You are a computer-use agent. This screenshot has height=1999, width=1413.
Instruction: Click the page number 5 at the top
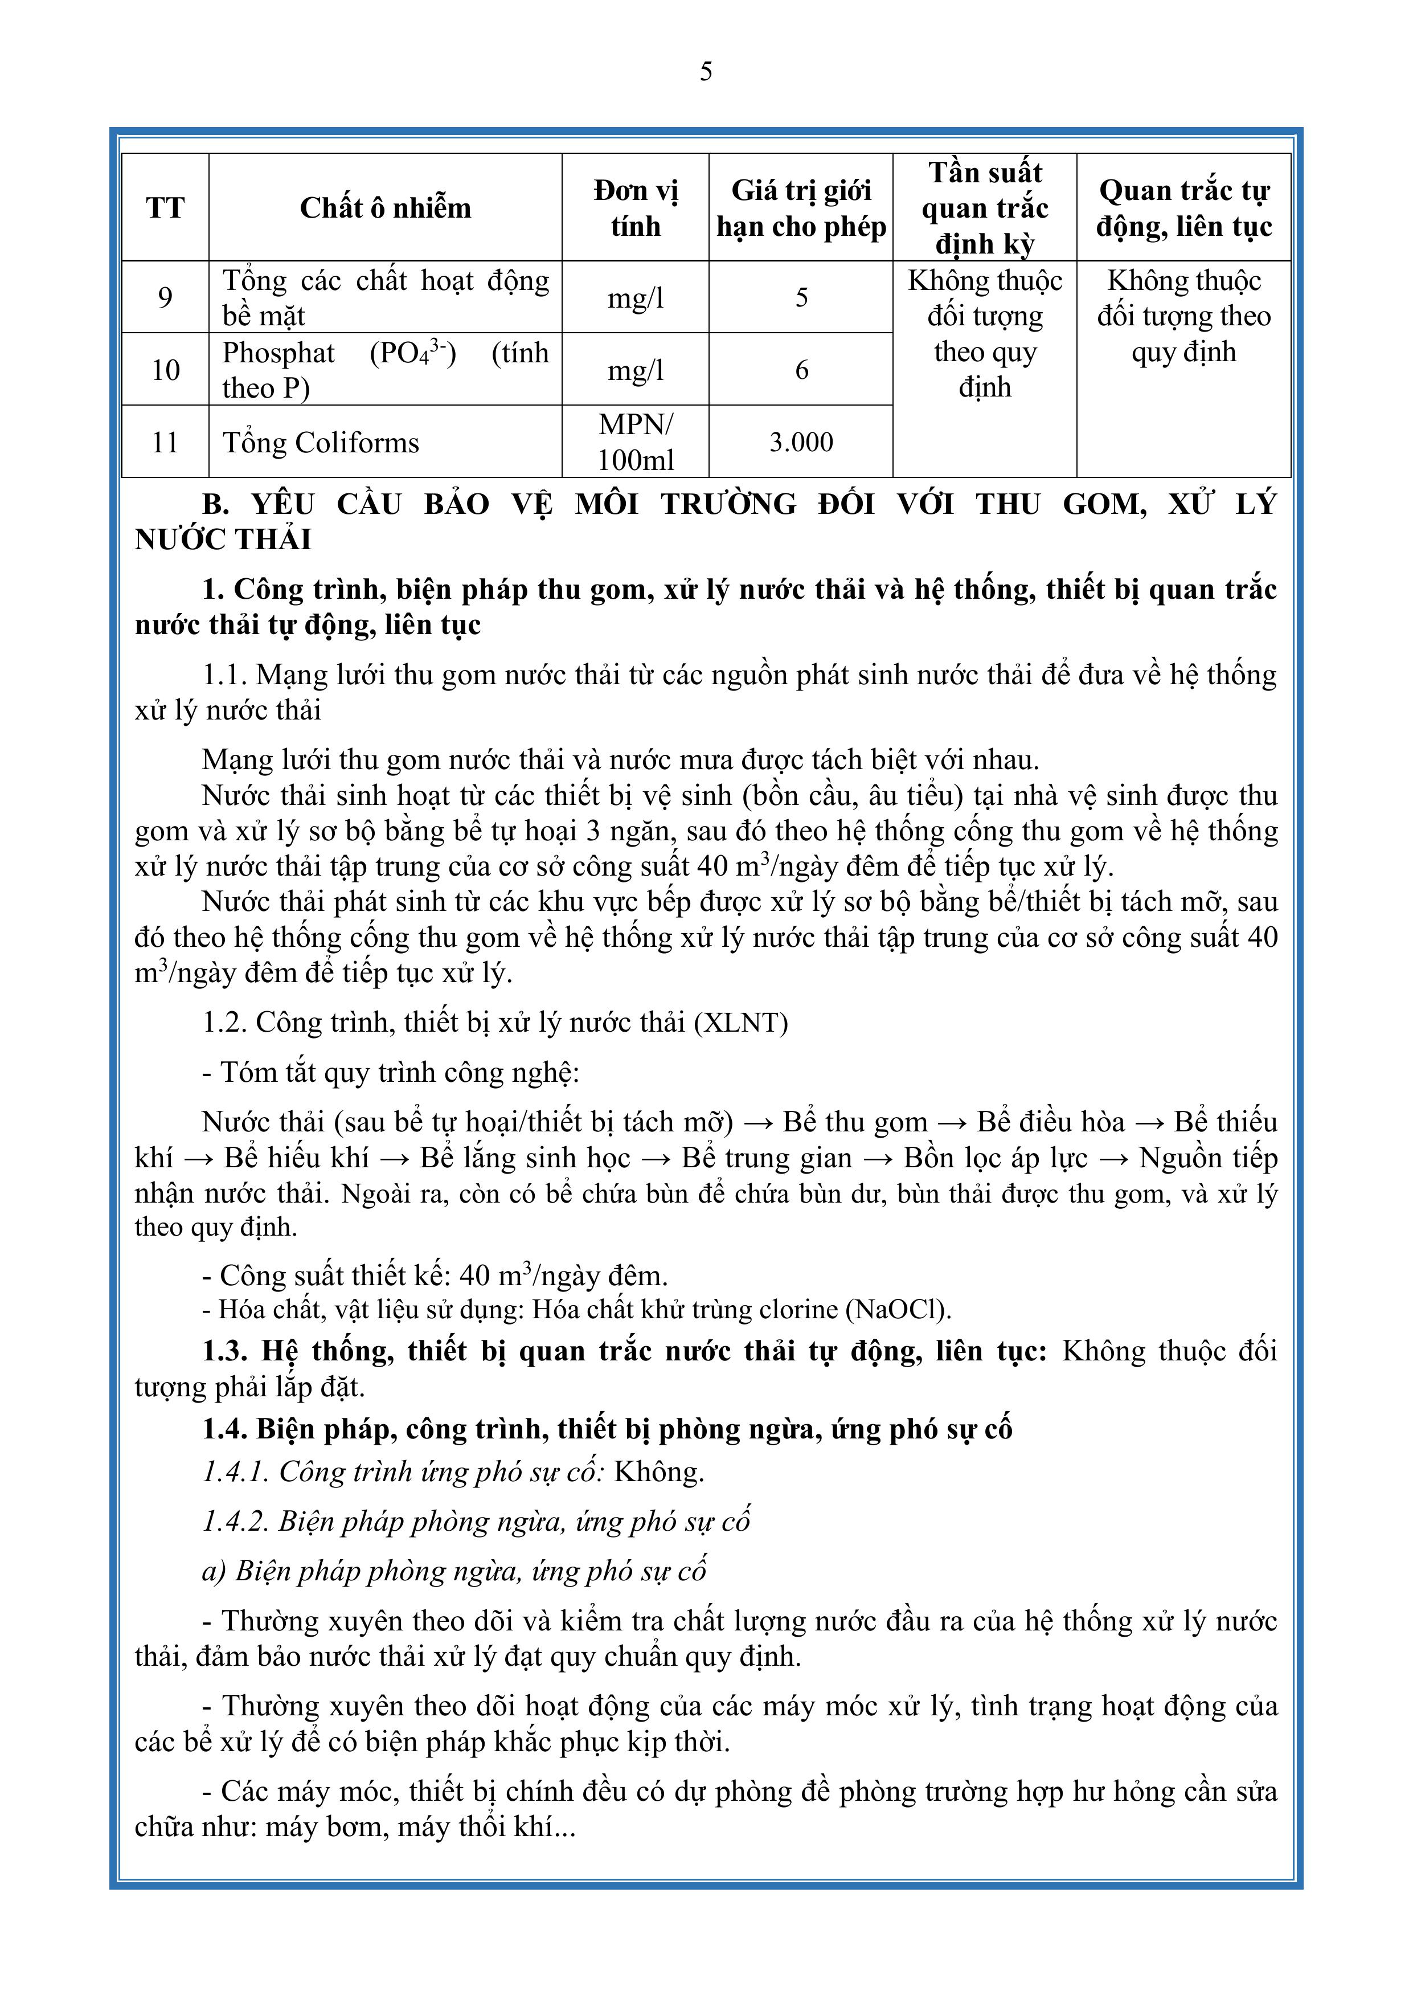click(706, 71)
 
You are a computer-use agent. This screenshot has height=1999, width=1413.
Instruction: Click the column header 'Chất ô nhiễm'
click(385, 208)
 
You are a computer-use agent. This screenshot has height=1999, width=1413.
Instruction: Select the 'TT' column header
click(165, 208)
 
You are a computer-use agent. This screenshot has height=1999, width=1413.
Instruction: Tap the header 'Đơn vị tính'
click(636, 208)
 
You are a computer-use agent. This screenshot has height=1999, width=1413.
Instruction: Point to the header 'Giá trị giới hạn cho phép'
click(801, 208)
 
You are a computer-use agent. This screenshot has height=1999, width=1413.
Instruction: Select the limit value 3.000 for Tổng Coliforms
click(801, 442)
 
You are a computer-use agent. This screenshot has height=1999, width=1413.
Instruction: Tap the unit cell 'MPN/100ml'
click(636, 442)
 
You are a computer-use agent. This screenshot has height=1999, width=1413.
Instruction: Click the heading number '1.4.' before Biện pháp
click(224, 1429)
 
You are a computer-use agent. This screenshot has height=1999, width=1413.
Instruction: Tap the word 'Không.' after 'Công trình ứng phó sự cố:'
click(659, 1472)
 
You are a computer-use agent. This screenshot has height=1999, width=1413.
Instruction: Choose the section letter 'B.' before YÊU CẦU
click(215, 505)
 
